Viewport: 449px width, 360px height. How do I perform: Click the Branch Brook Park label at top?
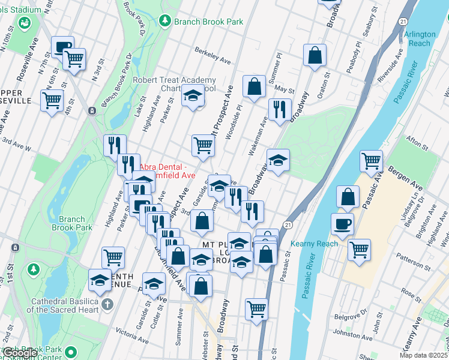click(208, 22)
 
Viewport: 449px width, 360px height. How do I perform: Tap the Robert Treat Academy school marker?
click(193, 95)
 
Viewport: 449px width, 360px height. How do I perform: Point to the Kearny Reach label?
click(314, 244)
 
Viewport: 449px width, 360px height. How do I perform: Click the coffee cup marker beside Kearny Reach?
click(342, 224)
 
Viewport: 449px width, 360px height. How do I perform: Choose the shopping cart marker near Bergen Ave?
click(372, 160)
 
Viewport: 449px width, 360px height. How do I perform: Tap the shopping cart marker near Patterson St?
click(359, 248)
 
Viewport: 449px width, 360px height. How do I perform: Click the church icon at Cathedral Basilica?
click(107, 304)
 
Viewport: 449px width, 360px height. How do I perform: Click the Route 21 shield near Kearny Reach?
click(288, 224)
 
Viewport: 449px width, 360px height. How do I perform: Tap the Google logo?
click(21, 353)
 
